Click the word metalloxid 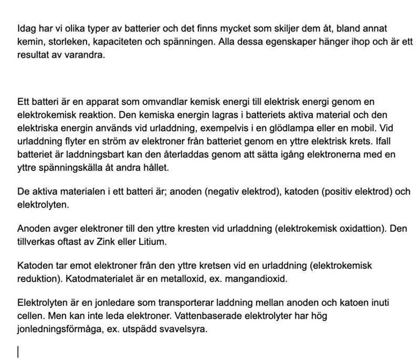tap(176, 279)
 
